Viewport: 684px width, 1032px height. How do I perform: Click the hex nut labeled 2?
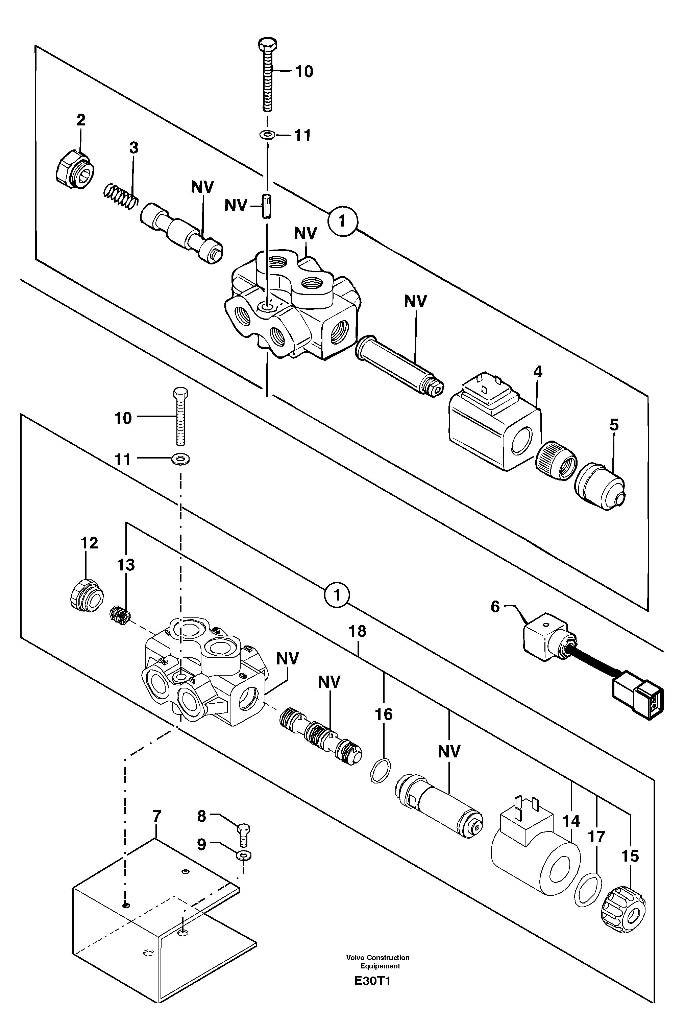tap(75, 168)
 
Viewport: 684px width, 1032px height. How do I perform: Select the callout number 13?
tap(126, 565)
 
